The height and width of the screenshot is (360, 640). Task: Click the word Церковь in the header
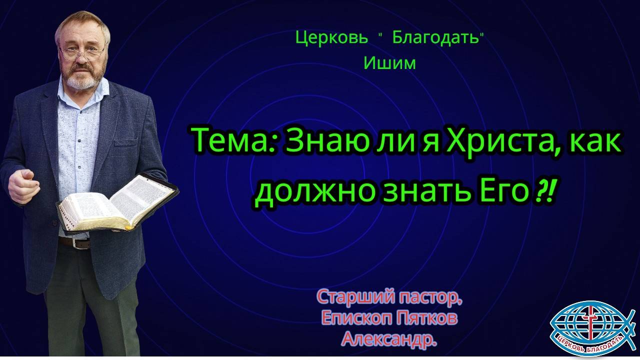tap(332, 38)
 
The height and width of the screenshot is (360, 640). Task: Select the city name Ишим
tap(390, 63)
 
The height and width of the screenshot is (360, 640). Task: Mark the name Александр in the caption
tap(388, 340)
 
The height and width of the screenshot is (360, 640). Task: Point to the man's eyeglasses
tap(81, 51)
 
